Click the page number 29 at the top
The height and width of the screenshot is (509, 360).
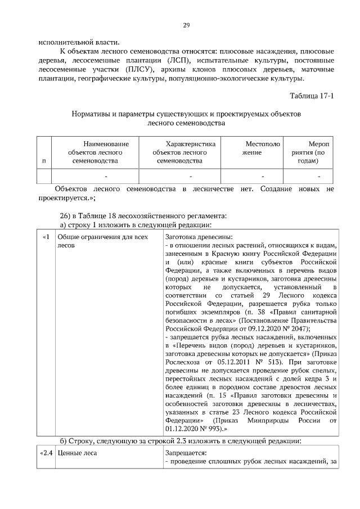(x=186, y=25)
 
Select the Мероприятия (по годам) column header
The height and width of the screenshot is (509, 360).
(x=312, y=152)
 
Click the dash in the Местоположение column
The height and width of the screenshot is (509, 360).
(x=263, y=177)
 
